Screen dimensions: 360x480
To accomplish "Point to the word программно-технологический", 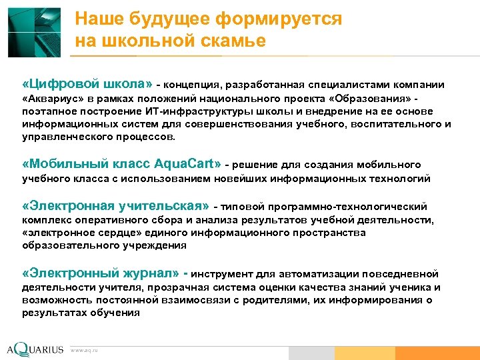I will tap(358, 207).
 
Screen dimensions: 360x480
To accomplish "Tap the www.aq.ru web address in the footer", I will tap(84, 350).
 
